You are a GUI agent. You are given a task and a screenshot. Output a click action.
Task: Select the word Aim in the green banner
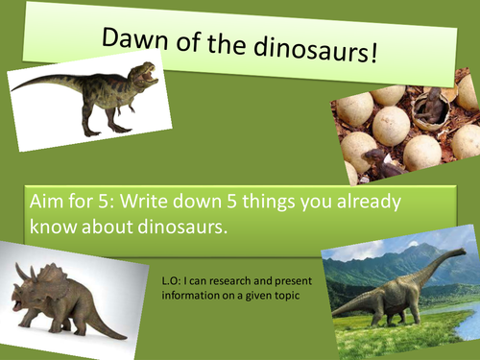point(49,204)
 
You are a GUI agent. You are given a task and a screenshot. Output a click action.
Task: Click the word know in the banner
point(51,228)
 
